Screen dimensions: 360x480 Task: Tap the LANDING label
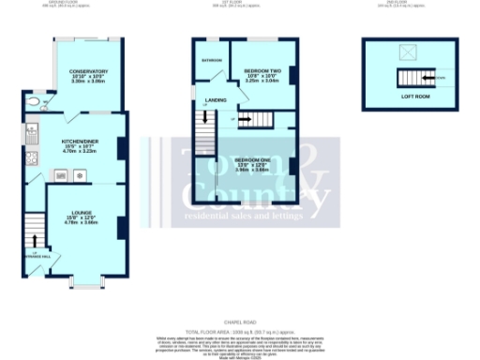tap(216, 98)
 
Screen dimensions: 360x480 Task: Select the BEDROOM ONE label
tap(252, 160)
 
